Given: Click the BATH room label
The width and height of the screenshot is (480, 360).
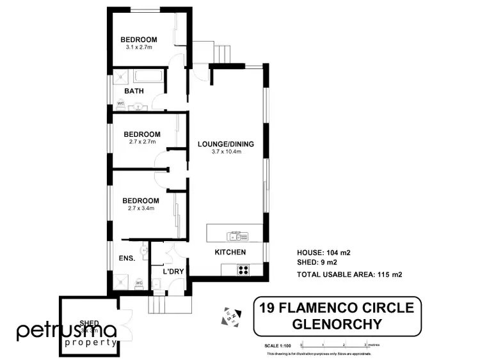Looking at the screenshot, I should point(134,91).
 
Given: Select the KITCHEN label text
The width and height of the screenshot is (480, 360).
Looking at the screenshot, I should point(230,252).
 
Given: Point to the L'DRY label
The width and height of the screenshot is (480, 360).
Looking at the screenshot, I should point(173,272).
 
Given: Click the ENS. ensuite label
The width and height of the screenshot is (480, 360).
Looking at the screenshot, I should point(126,259).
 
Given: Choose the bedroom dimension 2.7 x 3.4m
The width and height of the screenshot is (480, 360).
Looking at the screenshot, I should point(141,208).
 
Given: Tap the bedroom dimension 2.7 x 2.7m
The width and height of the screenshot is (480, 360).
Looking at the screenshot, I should point(141,142).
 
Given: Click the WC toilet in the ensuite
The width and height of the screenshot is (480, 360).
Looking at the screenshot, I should point(138,282).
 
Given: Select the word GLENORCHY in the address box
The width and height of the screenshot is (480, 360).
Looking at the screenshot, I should point(336,324).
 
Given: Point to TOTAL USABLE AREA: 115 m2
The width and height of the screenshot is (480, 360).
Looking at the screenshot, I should point(349,275).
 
